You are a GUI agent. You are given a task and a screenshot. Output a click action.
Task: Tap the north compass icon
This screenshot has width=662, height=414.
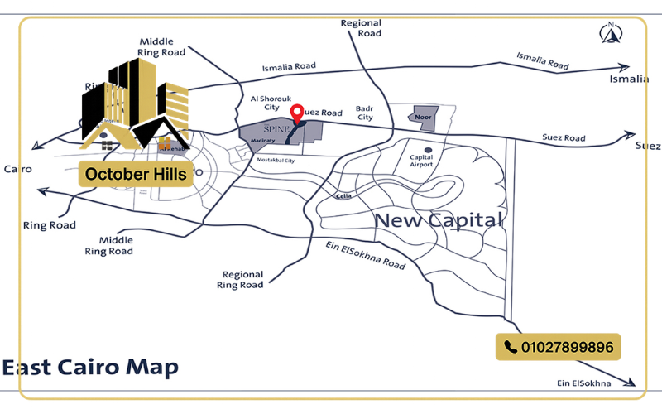[x=610, y=33]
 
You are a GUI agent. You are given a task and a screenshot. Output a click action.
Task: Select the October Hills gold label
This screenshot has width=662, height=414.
[x=136, y=175]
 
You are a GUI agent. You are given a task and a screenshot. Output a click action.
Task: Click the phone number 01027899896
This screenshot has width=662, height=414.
[x=568, y=347]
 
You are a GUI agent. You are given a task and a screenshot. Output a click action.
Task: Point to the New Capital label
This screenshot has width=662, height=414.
[x=439, y=220]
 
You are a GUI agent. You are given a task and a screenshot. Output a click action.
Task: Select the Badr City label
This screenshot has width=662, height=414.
[x=365, y=113]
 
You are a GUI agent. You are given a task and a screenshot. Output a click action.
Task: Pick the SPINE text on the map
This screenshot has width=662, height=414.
[x=276, y=131]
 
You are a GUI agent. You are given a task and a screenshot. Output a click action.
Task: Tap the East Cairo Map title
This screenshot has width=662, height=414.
[x=89, y=368]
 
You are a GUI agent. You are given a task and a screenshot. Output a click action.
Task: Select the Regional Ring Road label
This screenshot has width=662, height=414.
[x=241, y=279]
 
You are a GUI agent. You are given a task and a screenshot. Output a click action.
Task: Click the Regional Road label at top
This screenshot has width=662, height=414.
[x=361, y=28]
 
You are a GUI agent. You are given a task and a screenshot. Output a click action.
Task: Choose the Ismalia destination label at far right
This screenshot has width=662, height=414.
[x=629, y=79]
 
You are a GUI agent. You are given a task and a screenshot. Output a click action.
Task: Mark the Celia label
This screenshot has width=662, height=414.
[x=344, y=196]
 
